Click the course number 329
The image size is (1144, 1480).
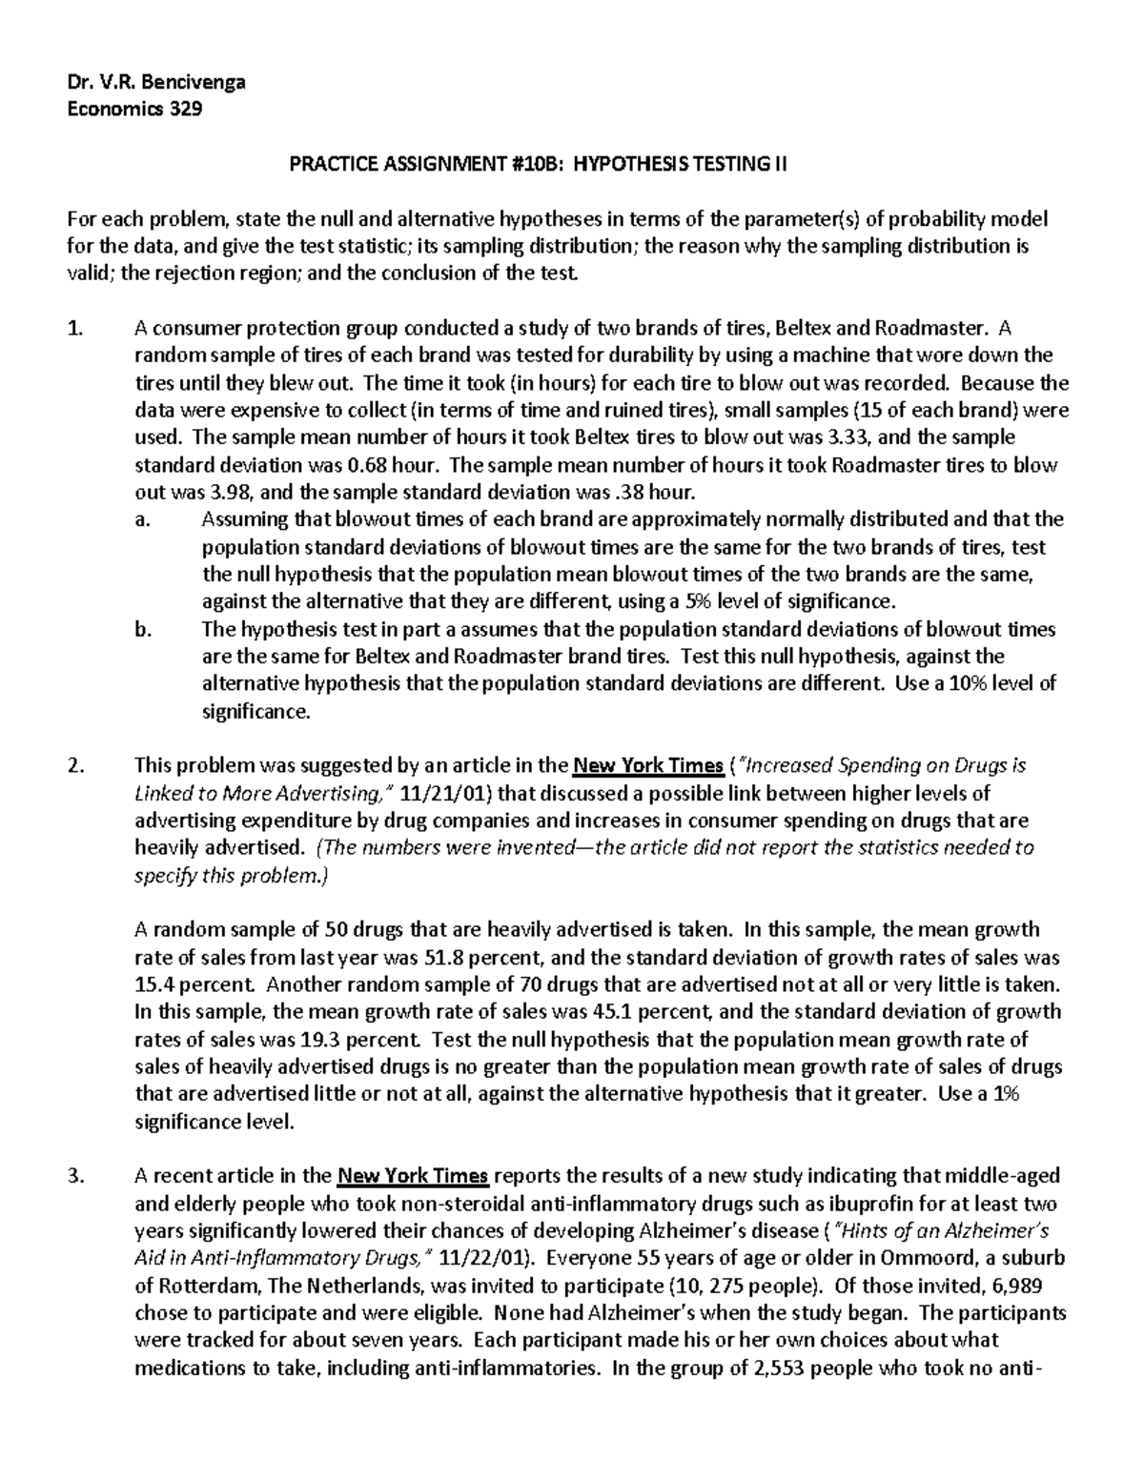[185, 109]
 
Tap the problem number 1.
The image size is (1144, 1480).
[75, 329]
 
